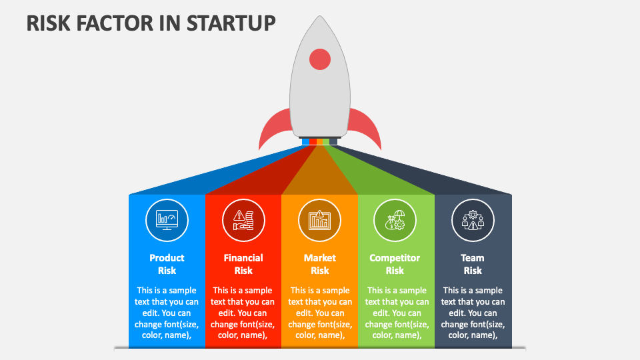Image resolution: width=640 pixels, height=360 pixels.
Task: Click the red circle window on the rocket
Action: (320, 59)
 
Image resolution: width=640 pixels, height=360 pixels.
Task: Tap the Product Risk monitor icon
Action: (167, 220)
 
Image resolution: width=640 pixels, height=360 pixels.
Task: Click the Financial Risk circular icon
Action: (243, 220)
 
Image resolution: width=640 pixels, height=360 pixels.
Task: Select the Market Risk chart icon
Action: (320, 220)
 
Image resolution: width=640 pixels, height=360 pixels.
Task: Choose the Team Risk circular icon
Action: (473, 220)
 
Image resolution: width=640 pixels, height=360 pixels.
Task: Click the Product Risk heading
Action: (167, 264)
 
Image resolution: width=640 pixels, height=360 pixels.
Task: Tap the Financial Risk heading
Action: (243, 264)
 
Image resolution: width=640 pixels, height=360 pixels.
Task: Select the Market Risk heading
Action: (320, 264)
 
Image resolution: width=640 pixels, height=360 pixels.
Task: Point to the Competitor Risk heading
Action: (395, 264)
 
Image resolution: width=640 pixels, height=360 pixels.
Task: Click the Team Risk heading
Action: (473, 264)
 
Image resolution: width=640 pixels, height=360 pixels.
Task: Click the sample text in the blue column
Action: (167, 313)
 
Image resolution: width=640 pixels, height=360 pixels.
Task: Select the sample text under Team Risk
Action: (473, 313)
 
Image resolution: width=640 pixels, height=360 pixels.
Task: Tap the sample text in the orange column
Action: (320, 313)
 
